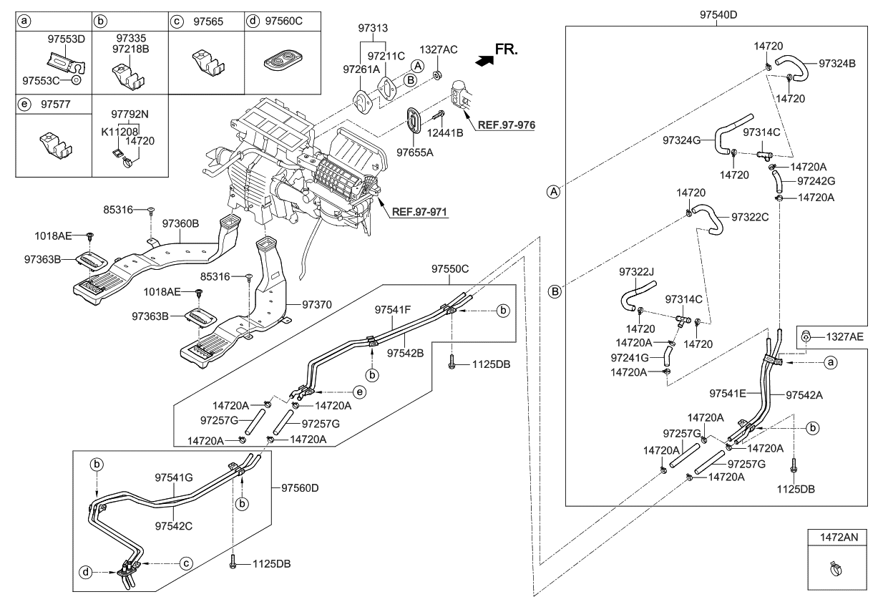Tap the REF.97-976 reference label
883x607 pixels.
(x=506, y=125)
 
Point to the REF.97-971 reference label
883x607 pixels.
(x=419, y=213)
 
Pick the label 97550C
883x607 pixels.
(x=450, y=269)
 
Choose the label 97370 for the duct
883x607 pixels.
(x=318, y=304)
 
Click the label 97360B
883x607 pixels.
(x=180, y=224)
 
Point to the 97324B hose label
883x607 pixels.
(x=836, y=63)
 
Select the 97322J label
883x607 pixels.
(x=635, y=271)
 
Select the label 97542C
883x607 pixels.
(x=174, y=525)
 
